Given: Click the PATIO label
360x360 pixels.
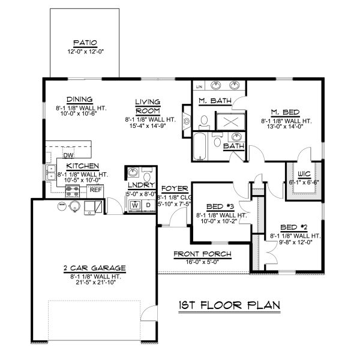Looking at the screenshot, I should tap(85, 43).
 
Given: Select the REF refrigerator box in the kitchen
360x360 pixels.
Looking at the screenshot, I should tap(95, 189).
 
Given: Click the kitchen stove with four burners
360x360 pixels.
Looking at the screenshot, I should tap(73, 191).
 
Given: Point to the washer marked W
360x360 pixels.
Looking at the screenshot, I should tap(135, 205).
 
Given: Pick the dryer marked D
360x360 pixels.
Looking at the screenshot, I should tap(146, 205).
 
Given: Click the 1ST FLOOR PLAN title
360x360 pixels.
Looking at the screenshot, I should tap(230, 306).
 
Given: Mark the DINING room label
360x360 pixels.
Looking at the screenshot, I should tap(79, 99).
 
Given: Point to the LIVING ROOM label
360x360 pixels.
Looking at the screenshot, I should tap(146, 106).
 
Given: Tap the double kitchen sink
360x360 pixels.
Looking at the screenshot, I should tap(51, 174).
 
